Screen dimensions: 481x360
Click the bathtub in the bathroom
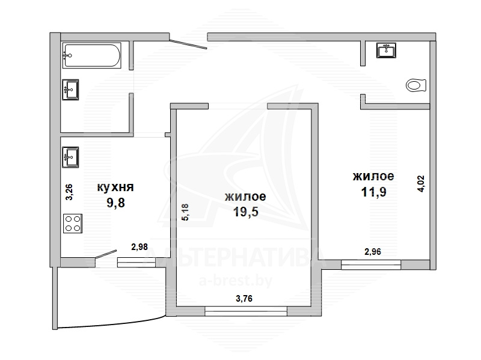point(92,55)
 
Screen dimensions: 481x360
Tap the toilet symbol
point(416,85)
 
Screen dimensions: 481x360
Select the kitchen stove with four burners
point(73,223)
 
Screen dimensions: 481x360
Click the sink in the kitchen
point(70,157)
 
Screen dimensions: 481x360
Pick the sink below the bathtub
point(70,90)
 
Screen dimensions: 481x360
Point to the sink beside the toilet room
point(386,50)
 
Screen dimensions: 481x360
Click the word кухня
point(115,187)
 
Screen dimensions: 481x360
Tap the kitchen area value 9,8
point(115,203)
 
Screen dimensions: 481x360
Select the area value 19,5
point(246,212)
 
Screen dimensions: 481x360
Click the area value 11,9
point(373,192)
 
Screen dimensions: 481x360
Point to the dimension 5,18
point(186,212)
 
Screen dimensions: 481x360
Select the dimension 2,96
point(373,252)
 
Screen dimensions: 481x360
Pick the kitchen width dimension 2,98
point(139,246)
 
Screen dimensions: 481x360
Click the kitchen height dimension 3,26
point(69,192)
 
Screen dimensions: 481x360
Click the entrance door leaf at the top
point(188,44)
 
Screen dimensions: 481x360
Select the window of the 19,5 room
point(246,311)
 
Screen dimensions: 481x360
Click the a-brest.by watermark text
point(236,281)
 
